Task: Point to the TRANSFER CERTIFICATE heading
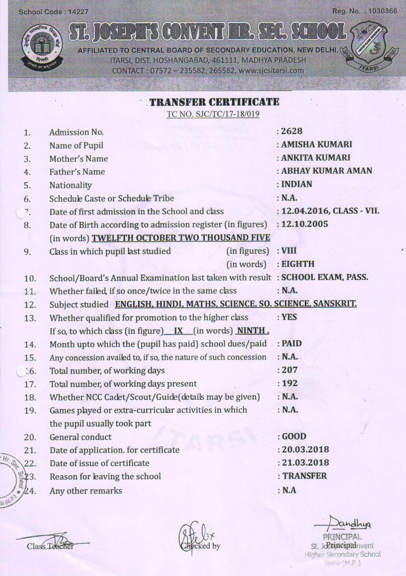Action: click(214, 102)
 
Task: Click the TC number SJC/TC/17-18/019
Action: click(213, 114)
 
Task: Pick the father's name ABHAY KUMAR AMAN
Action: click(327, 171)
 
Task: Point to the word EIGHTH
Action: click(298, 263)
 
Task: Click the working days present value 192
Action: click(289, 383)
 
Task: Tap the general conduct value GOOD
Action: click(294, 437)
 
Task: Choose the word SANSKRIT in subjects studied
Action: click(335, 304)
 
